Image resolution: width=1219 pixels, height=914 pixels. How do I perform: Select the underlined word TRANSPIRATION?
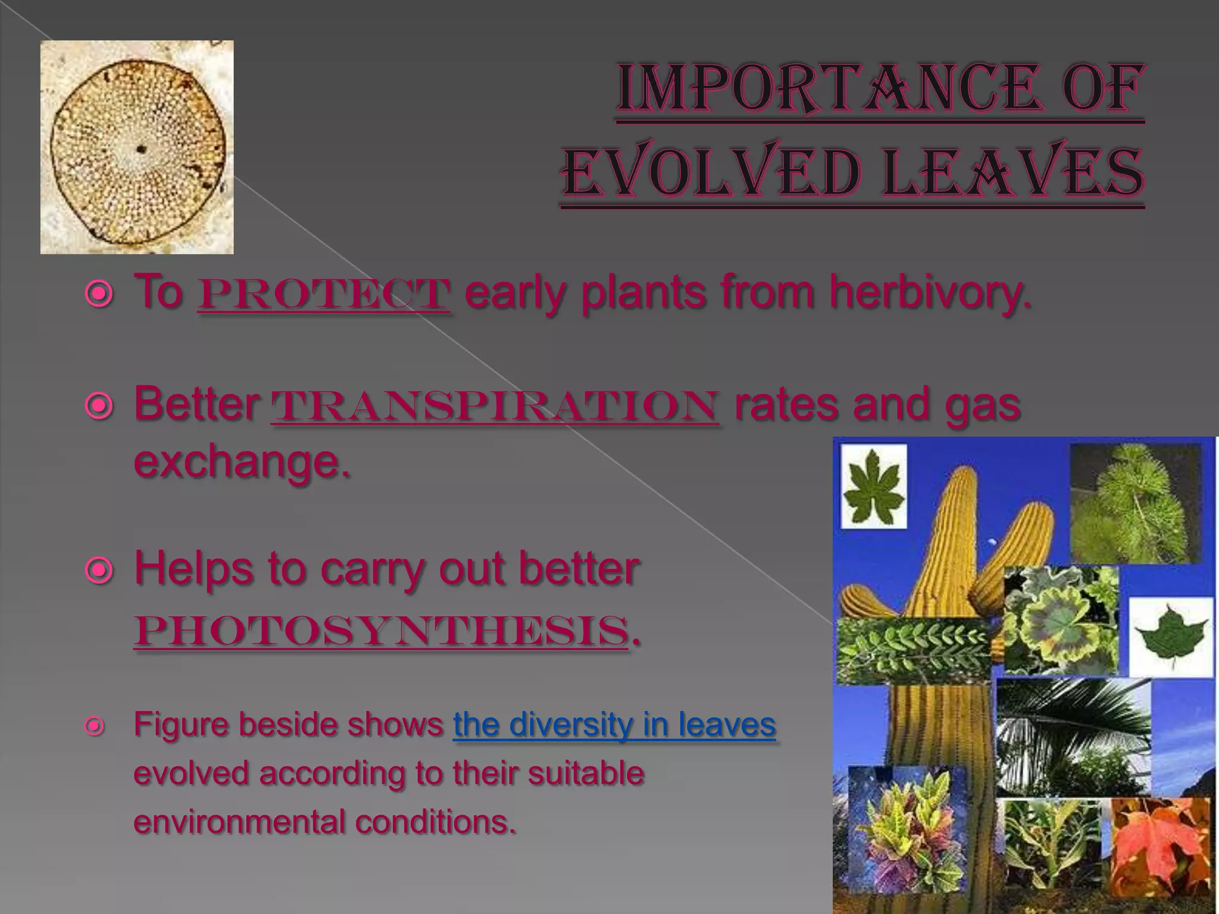pos(495,406)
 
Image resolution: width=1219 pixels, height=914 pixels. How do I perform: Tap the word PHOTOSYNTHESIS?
pos(381,631)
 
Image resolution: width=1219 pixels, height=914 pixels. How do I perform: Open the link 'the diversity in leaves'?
pos(614,725)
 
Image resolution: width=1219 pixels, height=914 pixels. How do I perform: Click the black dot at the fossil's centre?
pos(141,149)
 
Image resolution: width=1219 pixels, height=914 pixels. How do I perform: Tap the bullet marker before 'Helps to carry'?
pos(99,571)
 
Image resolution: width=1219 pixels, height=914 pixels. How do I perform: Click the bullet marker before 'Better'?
pos(99,406)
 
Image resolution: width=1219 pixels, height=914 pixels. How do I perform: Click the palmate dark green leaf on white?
pos(873,486)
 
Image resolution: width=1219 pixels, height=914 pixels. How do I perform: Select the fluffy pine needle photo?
pos(1134,503)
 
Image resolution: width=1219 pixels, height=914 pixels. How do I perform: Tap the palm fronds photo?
pos(1073,737)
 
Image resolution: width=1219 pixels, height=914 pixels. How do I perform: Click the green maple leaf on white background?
pos(1170,636)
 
